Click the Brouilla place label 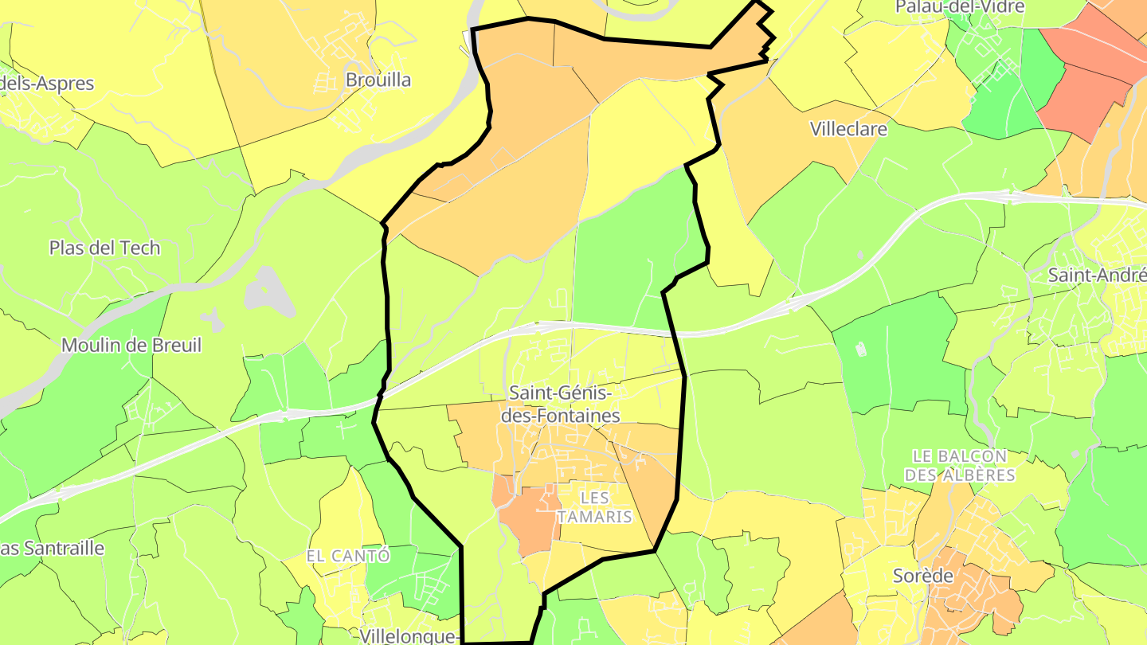(x=378, y=80)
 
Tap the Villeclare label (x=848, y=128)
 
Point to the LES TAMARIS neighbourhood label (x=594, y=507)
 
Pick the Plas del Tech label (x=104, y=248)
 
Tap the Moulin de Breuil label (x=131, y=346)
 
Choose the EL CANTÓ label (x=348, y=556)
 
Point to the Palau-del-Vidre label (x=959, y=7)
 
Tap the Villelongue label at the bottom (x=409, y=635)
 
